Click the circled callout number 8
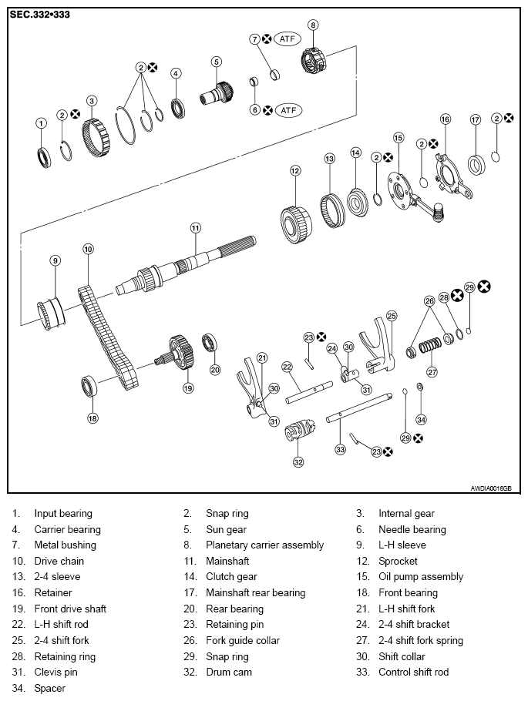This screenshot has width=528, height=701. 313,25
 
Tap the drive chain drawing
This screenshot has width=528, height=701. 107,338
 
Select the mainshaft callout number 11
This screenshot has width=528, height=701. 195,228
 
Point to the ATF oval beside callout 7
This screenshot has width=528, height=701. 287,39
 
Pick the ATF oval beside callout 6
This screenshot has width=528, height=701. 288,110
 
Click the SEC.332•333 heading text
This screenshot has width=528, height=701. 40,15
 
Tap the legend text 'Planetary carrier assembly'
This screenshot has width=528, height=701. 264,545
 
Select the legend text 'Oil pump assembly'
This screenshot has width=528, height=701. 421,577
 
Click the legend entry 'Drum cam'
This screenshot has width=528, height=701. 229,672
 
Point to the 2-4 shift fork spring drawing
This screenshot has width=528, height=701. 430,346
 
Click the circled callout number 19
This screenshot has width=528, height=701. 188,388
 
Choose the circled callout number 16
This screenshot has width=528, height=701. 446,119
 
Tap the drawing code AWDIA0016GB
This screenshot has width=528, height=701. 491,488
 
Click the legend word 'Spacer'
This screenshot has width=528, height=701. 49,688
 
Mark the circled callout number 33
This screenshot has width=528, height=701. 341,449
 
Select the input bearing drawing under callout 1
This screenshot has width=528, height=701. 43,157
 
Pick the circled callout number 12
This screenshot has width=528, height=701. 295,171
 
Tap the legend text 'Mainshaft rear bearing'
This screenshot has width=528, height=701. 255,593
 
